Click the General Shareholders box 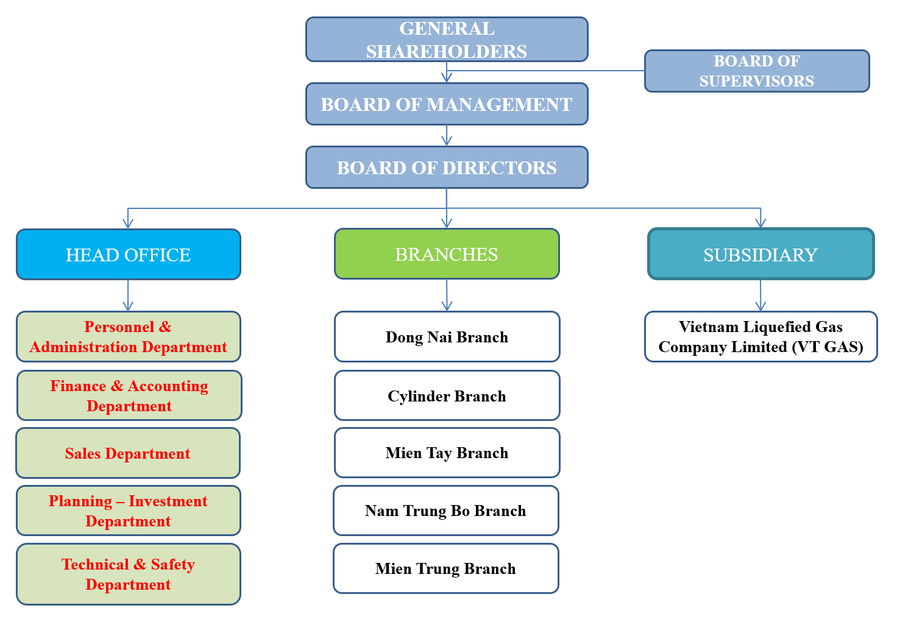447,40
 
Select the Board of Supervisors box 756,71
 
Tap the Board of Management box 447,104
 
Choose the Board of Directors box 447,168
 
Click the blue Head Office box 129,255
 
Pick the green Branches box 447,254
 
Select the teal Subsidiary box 760,255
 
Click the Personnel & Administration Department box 129,337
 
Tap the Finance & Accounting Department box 129,396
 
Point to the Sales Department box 128,453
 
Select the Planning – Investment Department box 129,511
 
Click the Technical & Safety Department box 129,574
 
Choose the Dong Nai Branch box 447,337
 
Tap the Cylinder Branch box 447,396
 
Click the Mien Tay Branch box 447,453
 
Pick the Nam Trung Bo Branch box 445,511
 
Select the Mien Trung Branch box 445,569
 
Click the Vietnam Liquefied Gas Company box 760,337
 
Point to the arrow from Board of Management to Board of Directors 447,136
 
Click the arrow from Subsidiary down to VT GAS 760,296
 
